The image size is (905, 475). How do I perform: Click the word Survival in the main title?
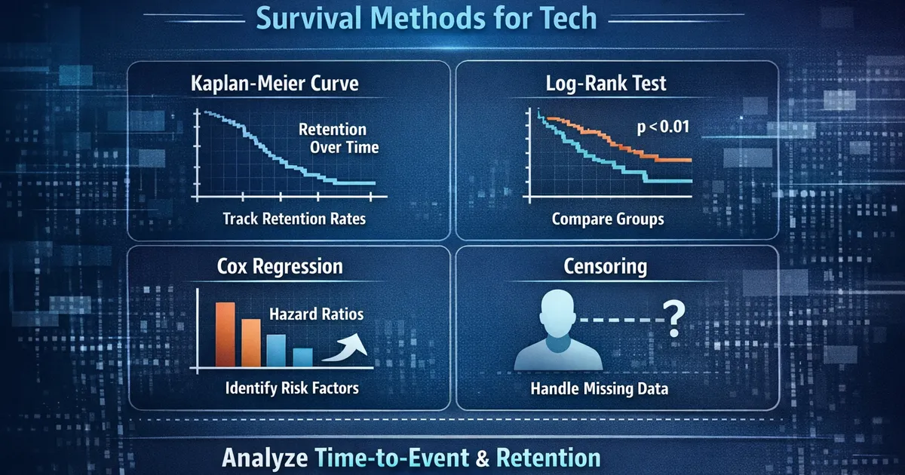pos(309,19)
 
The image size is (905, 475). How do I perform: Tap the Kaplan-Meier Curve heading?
pos(275,84)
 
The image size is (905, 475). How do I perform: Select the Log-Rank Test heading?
pos(606,83)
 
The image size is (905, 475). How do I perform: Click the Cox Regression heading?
pos(280,267)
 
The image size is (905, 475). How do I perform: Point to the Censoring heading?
pos(605,267)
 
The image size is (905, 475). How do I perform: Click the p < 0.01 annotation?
pos(663,127)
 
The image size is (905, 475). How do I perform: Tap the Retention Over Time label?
pos(339,138)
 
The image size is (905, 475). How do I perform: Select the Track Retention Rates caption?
pos(294,219)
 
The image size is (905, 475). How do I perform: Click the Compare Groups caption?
pos(608,219)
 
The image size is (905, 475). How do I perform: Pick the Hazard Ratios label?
pos(316,314)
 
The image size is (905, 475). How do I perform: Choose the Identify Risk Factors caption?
pos(292,388)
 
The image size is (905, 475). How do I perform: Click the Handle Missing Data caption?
pos(599,388)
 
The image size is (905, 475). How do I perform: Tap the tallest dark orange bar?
pos(225,335)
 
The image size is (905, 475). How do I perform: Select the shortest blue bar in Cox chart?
pos(302,357)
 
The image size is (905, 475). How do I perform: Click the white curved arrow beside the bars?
pos(345,348)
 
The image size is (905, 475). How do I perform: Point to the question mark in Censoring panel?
pos(674,319)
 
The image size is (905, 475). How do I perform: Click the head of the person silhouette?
pos(557,313)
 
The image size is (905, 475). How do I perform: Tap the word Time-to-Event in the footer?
pos(392,458)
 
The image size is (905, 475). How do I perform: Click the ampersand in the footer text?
pos(483,459)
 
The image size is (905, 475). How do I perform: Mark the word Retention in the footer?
pos(548,458)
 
